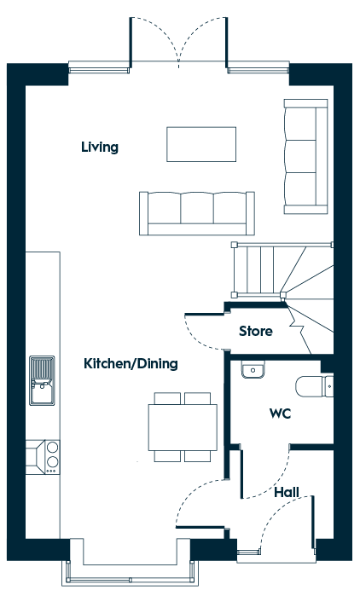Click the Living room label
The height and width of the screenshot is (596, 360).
pos(100,148)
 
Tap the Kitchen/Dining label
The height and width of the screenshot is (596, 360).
pos(131,364)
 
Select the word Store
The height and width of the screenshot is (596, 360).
pos(256,331)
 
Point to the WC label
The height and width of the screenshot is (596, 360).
pos(280,414)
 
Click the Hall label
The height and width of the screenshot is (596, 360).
pos(287,493)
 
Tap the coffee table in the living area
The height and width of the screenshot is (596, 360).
pos(201,144)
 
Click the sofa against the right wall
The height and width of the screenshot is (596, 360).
pos(305,156)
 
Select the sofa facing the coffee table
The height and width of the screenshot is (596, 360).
pos(197,213)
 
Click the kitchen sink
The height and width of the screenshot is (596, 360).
pos(42,380)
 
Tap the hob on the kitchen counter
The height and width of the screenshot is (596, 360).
pos(52,457)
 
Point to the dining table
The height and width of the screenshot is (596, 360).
pos(183,427)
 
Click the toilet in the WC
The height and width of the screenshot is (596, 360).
pos(314,386)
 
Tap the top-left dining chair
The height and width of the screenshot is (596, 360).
pos(167,398)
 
